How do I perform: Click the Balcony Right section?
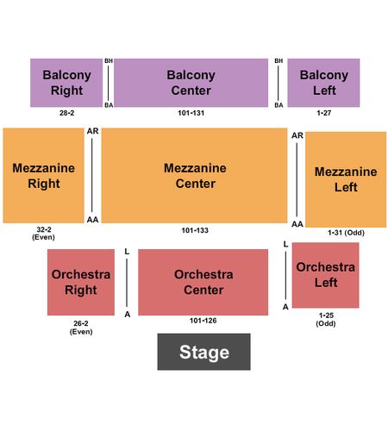(66, 83)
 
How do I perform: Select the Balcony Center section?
(191, 83)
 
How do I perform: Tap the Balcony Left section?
(323, 83)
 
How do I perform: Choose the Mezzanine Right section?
(43, 176)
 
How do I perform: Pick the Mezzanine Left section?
(346, 179)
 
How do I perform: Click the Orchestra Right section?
(81, 282)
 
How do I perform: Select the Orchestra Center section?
(203, 282)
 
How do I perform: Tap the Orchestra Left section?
(326, 275)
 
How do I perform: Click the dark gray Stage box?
(203, 352)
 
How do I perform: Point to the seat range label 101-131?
(191, 113)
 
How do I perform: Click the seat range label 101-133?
(195, 230)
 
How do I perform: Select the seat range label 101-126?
(203, 321)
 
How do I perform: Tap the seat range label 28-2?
(66, 113)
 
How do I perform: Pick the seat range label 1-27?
(324, 113)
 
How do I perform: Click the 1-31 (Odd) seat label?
(346, 233)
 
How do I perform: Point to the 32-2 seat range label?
(44, 229)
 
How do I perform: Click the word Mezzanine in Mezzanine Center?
(195, 168)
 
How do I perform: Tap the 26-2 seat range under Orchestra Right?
(81, 323)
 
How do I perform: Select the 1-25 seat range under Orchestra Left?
(326, 315)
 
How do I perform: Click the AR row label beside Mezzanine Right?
(92, 131)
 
